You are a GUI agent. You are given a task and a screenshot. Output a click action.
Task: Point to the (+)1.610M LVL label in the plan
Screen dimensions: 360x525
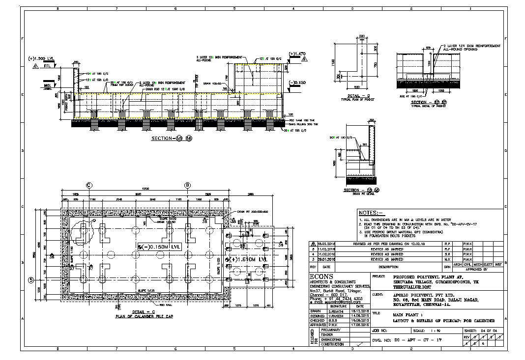click(x=249, y=259)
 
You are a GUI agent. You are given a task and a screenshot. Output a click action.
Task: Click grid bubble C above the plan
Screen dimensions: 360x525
click(x=89, y=185)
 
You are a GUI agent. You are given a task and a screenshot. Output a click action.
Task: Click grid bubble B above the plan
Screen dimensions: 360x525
click(x=187, y=185)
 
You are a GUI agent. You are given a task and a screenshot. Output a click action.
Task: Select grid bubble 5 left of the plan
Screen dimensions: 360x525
click(x=30, y=280)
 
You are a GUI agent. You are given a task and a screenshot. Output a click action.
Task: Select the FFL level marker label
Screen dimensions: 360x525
click(x=47, y=65)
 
